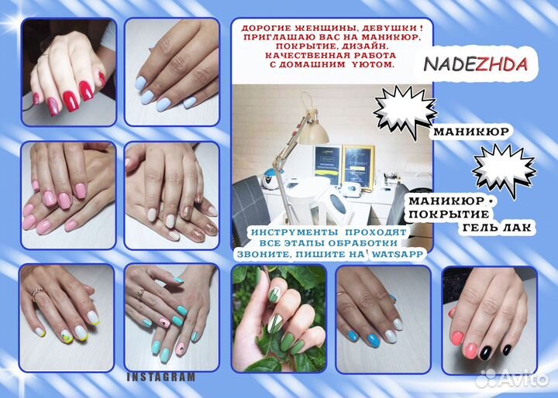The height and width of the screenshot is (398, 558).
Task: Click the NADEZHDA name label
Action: coord(475,64)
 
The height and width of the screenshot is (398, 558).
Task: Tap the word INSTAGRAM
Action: coord(161,377)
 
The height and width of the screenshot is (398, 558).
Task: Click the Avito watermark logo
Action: coord(512,378)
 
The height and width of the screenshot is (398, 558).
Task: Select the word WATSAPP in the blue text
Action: coord(397,255)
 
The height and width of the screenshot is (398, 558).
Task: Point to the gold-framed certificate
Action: coord(358,166)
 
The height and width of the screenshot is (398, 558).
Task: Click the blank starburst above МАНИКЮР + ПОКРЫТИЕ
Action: coord(505,170)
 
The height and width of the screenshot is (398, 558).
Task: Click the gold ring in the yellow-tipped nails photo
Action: coord(36,293)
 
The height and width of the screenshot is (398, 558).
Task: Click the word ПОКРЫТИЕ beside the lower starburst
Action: coord(449,214)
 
